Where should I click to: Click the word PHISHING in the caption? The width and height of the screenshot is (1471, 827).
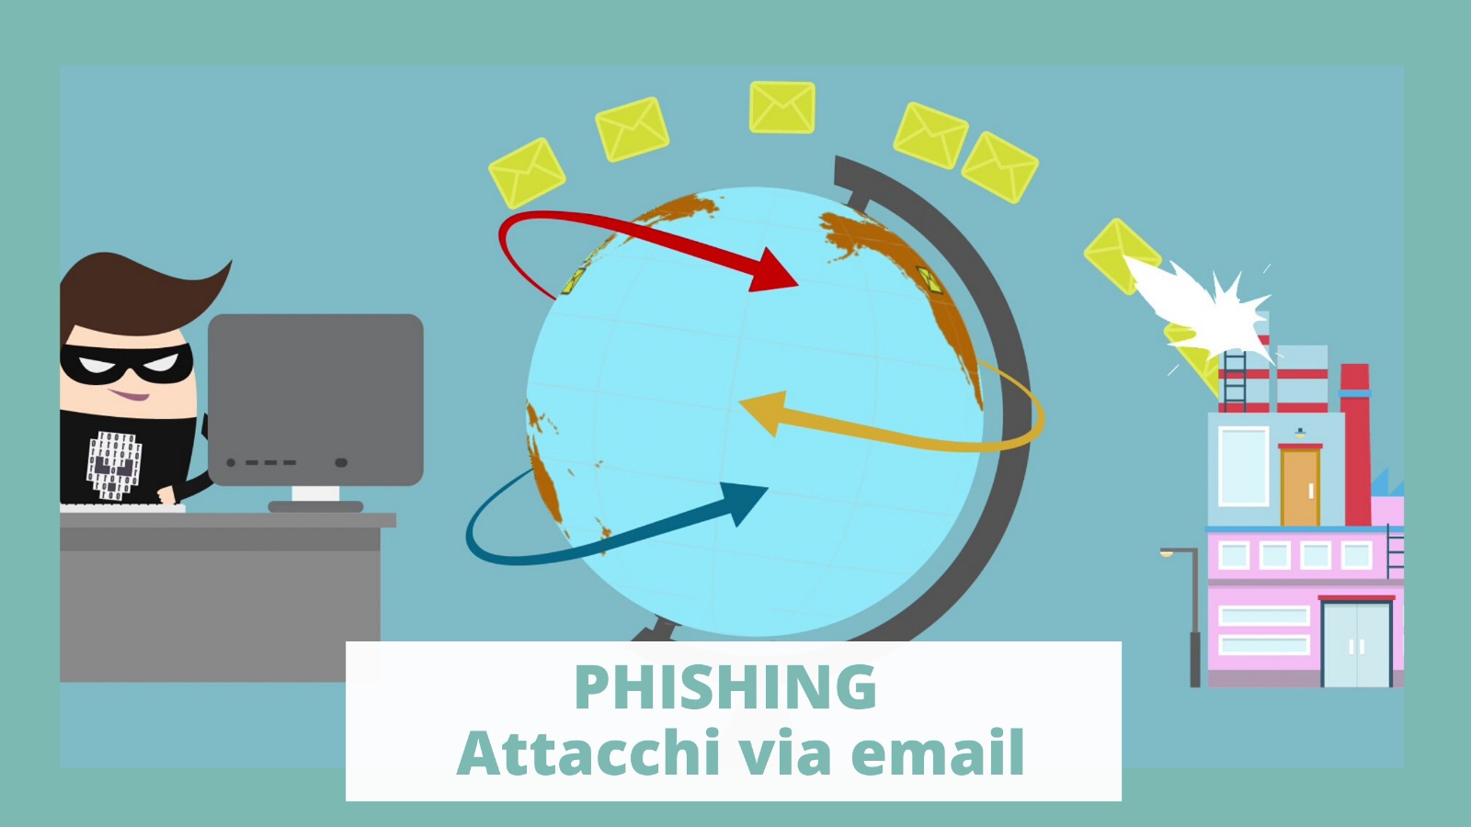(x=725, y=686)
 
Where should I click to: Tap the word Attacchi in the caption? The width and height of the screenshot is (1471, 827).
(x=588, y=753)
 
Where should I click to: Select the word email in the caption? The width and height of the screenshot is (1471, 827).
(x=938, y=753)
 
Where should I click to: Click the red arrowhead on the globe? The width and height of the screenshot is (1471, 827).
(x=773, y=269)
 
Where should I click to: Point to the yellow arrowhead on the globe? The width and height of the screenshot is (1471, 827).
(x=764, y=413)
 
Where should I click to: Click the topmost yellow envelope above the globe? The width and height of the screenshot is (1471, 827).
(x=782, y=107)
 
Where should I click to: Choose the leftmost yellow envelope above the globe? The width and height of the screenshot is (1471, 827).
(x=527, y=174)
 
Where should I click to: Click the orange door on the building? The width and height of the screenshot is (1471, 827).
(x=1300, y=486)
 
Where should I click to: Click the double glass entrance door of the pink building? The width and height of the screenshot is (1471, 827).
(x=1356, y=643)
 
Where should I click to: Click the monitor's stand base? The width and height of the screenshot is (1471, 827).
(x=316, y=506)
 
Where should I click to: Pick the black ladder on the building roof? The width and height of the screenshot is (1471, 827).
(x=1234, y=380)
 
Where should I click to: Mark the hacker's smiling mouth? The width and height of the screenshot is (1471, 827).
(x=130, y=395)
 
